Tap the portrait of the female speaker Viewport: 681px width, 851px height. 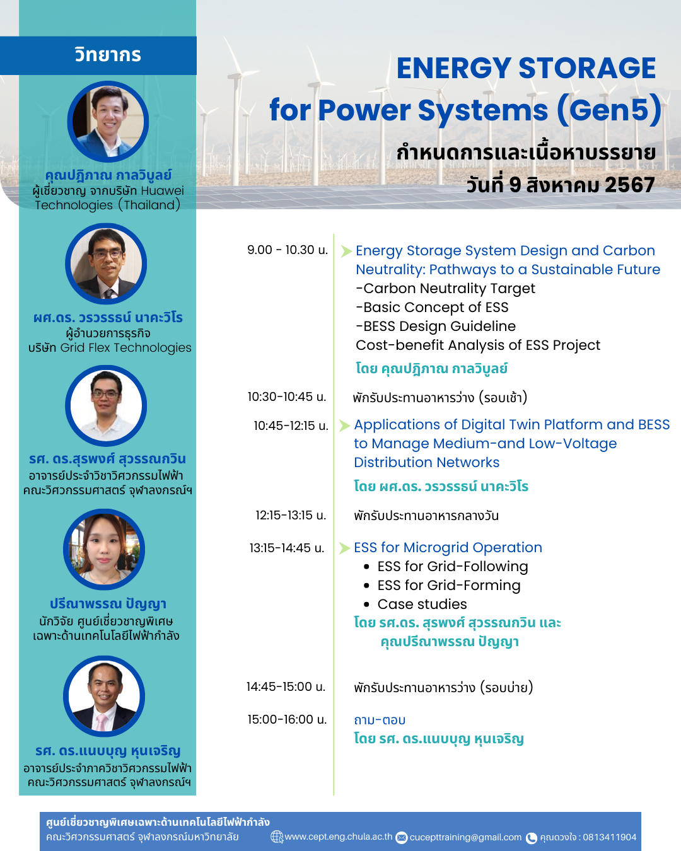tap(104, 550)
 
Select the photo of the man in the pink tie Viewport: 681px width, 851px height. tap(104, 697)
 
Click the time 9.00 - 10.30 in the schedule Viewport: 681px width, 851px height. tap(288, 250)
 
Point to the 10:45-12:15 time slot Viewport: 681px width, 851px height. tap(291, 426)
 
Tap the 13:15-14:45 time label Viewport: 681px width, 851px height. tap(287, 548)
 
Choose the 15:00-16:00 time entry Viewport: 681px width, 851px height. tap(287, 720)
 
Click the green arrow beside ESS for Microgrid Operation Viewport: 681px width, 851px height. tap(344, 548)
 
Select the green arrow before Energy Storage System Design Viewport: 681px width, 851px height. tap(346, 251)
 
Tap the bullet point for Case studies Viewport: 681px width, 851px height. tap(366, 605)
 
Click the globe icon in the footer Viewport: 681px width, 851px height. tap(277, 837)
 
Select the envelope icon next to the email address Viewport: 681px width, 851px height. tap(401, 838)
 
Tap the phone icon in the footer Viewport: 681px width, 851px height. tap(532, 838)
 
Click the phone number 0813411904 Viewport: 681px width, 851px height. tap(609, 837)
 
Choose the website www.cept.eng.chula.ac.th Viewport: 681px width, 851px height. tap(339, 837)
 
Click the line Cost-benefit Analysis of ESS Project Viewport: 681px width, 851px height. tap(478, 345)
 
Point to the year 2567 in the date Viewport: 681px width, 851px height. tap(629, 185)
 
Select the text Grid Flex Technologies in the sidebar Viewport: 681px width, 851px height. tap(125, 348)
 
